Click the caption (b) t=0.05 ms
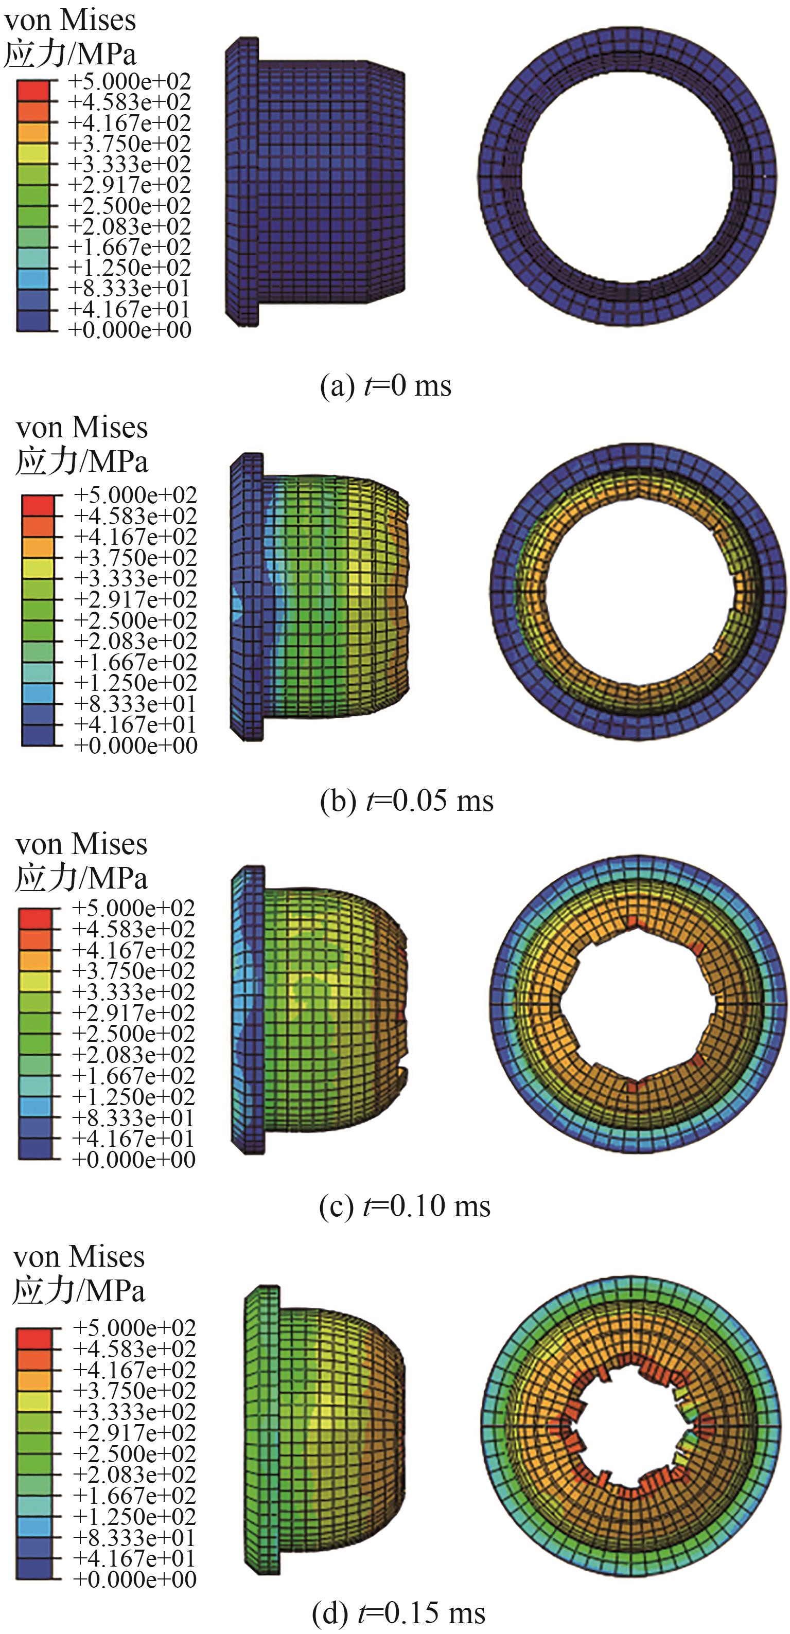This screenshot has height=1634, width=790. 407,800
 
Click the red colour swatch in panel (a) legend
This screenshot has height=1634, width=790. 32,91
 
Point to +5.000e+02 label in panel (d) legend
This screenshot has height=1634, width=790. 134,1327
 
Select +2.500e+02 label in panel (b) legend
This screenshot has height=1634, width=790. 136,620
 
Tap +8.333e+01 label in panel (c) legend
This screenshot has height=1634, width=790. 133,1117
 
